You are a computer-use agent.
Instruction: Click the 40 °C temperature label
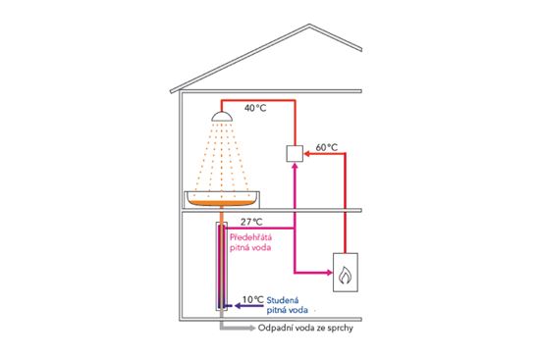point(255,108)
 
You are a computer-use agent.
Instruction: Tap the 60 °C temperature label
point(327,147)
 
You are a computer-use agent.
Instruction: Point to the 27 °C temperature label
point(251,222)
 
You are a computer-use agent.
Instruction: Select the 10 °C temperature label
point(253,300)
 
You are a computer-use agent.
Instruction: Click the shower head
point(222,117)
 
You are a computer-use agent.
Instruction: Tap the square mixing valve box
point(295,153)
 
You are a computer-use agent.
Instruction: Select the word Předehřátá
point(250,237)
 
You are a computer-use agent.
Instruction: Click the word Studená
point(283,300)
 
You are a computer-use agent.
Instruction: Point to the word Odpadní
point(273,328)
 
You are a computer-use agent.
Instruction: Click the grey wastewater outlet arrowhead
point(251,328)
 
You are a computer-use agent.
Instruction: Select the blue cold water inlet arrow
point(248,305)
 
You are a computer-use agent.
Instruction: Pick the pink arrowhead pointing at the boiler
point(329,273)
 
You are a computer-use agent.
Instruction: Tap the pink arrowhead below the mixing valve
point(295,166)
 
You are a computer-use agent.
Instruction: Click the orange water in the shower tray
point(222,203)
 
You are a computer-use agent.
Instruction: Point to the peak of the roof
point(309,25)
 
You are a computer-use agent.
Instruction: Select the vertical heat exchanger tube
point(222,267)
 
